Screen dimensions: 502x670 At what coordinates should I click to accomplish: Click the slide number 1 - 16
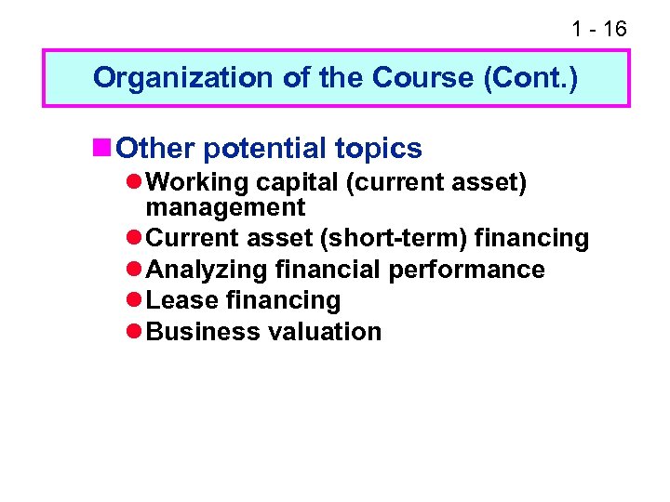coord(599,30)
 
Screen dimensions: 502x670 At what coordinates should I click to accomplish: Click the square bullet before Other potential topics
coord(101,147)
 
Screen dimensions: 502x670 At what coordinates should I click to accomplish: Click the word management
coord(225,206)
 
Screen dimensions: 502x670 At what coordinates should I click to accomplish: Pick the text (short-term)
coord(394,239)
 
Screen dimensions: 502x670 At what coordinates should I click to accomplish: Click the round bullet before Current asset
coord(135,239)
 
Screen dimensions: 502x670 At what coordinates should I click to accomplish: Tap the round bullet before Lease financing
coord(135,300)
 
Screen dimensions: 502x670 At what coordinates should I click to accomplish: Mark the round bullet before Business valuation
coord(135,332)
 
